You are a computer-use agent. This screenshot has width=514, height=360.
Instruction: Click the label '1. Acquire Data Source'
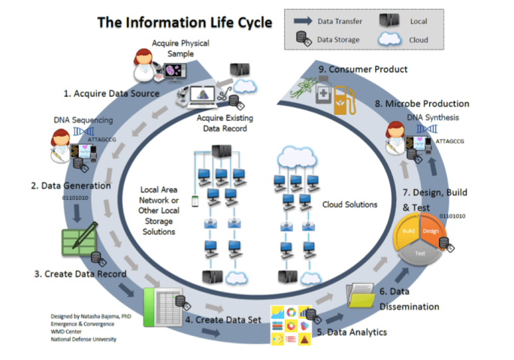point(110,93)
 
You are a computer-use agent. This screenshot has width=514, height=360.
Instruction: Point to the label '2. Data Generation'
point(71,185)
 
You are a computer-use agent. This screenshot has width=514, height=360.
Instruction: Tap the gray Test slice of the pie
point(422,253)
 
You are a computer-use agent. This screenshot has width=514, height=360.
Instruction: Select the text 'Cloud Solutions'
point(351,204)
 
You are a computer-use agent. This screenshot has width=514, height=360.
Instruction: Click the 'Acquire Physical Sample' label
point(180,47)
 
